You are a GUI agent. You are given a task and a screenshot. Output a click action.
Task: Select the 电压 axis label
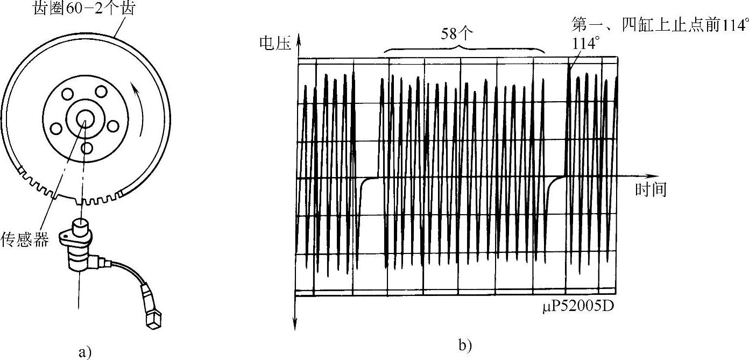(274, 44)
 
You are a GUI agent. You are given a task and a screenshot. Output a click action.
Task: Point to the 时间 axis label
(651, 190)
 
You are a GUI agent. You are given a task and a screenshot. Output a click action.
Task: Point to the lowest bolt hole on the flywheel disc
(87, 147)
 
